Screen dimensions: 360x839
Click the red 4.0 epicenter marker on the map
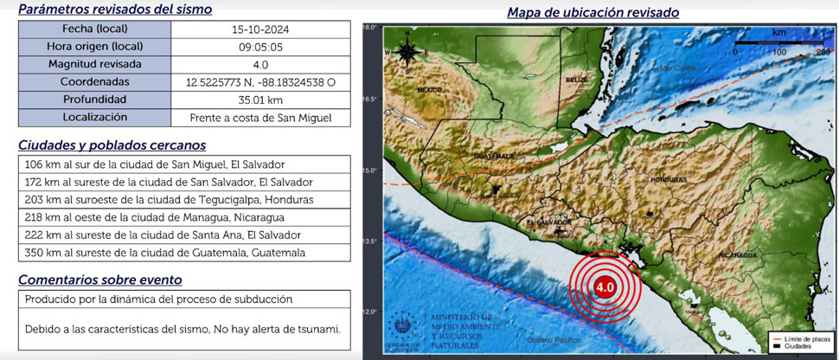605,286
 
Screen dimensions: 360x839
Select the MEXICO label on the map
429,89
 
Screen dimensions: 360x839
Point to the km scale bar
779,43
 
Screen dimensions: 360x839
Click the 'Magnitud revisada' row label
95,64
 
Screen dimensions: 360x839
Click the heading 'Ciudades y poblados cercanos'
112,145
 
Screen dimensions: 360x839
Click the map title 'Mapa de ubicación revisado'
592,12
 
